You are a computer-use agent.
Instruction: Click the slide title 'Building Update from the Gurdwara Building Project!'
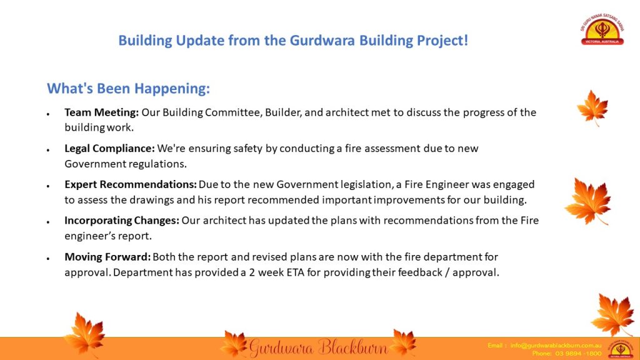click(293, 41)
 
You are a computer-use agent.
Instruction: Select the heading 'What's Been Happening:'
click(129, 88)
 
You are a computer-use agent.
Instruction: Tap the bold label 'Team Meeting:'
click(102, 112)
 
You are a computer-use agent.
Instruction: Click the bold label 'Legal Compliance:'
click(109, 149)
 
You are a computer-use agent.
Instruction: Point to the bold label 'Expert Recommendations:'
click(131, 184)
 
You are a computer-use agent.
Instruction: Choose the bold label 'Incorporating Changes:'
click(122, 221)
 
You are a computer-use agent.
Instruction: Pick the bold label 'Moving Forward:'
click(107, 257)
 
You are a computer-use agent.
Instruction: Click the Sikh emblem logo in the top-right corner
click(602, 29)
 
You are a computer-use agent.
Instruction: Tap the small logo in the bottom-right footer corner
click(621, 349)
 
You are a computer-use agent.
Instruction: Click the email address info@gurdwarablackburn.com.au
click(556, 345)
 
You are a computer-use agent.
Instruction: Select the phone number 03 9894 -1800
click(578, 354)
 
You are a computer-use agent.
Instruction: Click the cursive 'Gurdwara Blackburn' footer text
click(318, 347)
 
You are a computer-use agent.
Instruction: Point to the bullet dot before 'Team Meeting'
click(48, 114)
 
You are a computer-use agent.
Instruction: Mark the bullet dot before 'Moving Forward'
click(48, 259)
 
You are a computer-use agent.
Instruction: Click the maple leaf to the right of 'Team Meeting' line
click(592, 107)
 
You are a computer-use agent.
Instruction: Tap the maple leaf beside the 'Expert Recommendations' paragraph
click(589, 201)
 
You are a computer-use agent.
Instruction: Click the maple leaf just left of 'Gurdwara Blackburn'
click(234, 344)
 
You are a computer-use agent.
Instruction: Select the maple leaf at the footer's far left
click(85, 335)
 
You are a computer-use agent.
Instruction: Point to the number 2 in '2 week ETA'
click(252, 272)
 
